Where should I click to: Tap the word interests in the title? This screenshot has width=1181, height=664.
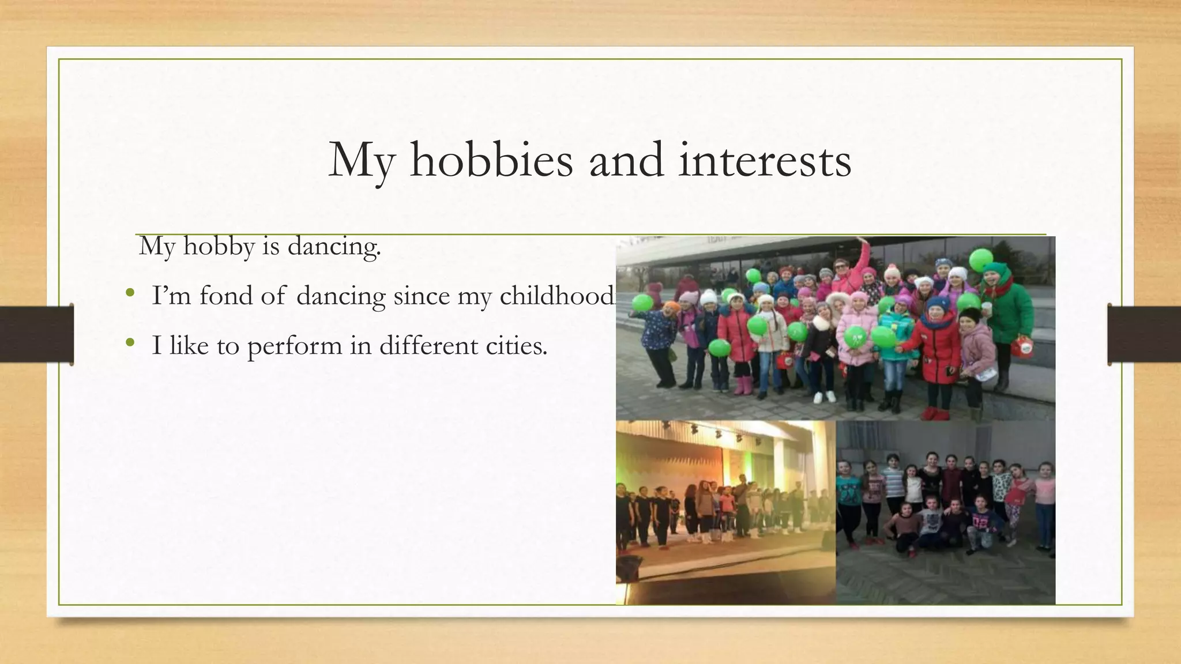coord(765,160)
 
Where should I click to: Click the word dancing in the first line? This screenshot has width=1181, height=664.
coord(334,247)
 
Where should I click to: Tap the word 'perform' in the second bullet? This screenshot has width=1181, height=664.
coord(295,346)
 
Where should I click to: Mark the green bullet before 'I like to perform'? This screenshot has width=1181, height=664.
coord(130,344)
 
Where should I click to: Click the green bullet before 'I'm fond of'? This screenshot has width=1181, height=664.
coord(130,294)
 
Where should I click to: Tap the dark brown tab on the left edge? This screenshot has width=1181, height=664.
coord(36,334)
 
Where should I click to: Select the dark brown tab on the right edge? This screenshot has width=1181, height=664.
coord(1144,334)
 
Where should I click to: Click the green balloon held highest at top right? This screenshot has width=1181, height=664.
coord(980,259)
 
